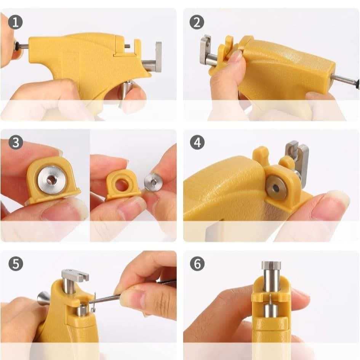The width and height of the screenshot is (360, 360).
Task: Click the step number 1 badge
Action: pyautogui.click(x=15, y=22)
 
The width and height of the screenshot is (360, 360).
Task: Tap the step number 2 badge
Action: pyautogui.click(x=197, y=22)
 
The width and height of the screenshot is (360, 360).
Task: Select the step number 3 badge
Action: pyautogui.click(x=16, y=143)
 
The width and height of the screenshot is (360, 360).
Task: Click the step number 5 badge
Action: pyautogui.click(x=16, y=264)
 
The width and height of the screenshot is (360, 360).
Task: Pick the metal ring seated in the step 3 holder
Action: pyautogui.click(x=51, y=180)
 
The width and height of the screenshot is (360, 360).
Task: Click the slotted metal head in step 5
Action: pyautogui.click(x=75, y=275)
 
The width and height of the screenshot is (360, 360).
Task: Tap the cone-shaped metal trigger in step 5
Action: pyautogui.click(x=43, y=298)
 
